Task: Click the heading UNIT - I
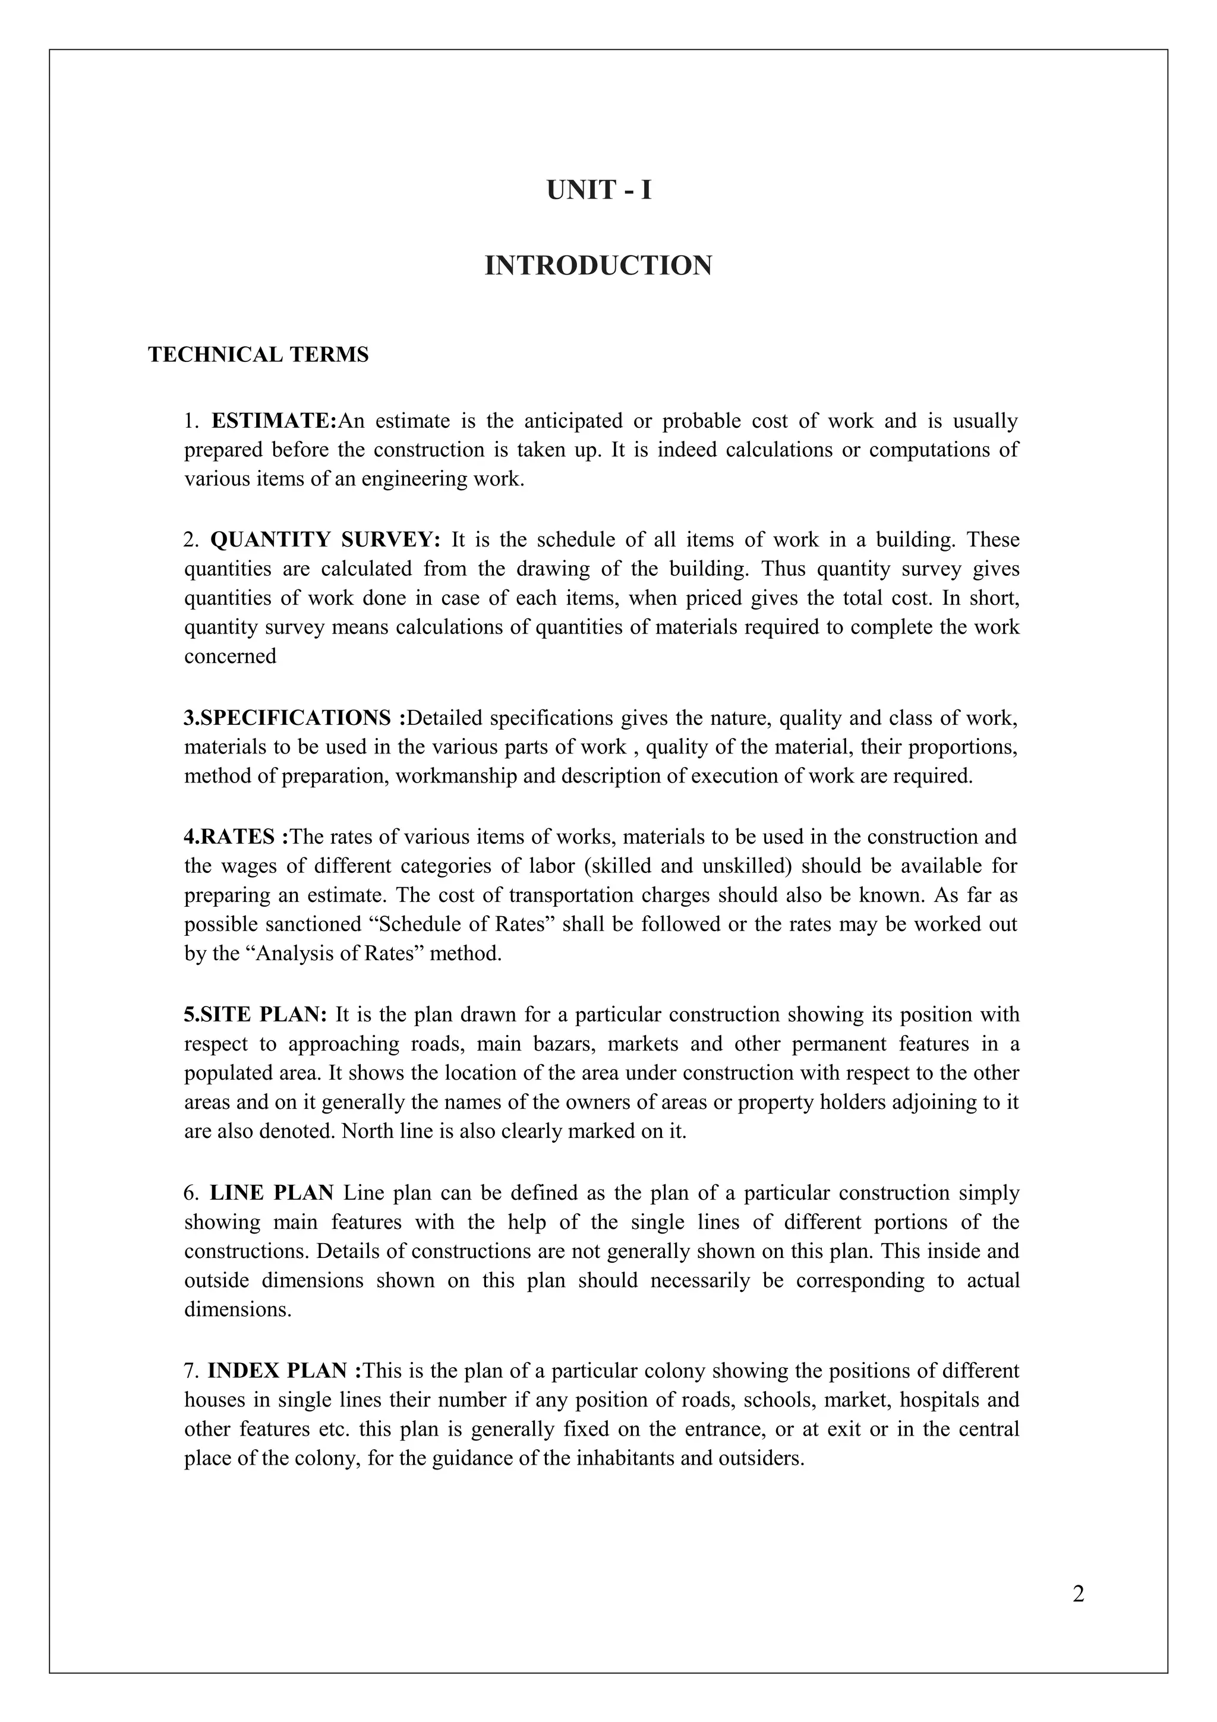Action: (598, 191)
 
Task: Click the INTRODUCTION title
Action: (598, 266)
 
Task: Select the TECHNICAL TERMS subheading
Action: (258, 355)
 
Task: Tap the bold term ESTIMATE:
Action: (275, 421)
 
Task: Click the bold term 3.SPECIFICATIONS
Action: (294, 718)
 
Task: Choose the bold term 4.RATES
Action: (236, 837)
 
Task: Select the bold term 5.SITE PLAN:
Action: (256, 1015)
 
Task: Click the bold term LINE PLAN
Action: (272, 1193)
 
